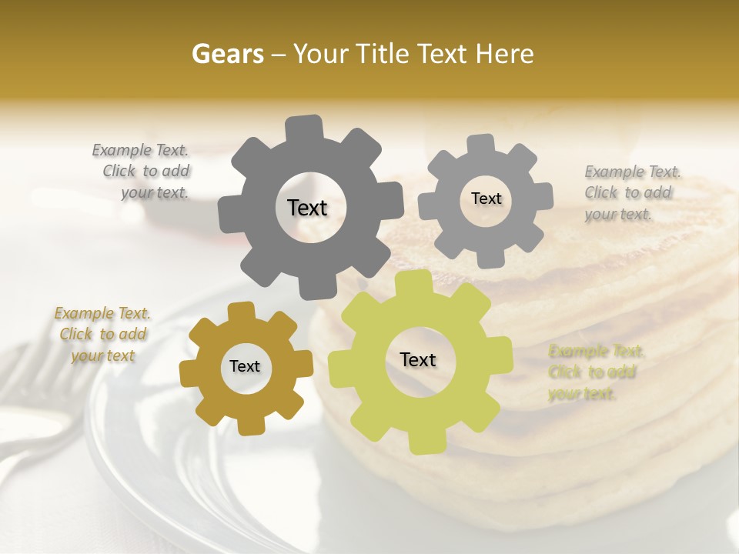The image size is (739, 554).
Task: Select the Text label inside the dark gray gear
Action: tap(307, 208)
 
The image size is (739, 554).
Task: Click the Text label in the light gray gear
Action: tap(486, 199)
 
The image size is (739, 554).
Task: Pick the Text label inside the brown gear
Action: tap(245, 366)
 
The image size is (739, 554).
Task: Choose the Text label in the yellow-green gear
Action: tap(418, 359)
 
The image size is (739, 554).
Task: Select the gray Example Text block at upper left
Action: tap(143, 172)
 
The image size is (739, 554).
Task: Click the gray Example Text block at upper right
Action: tap(632, 192)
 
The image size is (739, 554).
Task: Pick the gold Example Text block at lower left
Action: tap(102, 335)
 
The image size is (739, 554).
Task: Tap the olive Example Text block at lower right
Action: tap(596, 372)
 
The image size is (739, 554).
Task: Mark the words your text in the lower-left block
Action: tap(103, 355)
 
